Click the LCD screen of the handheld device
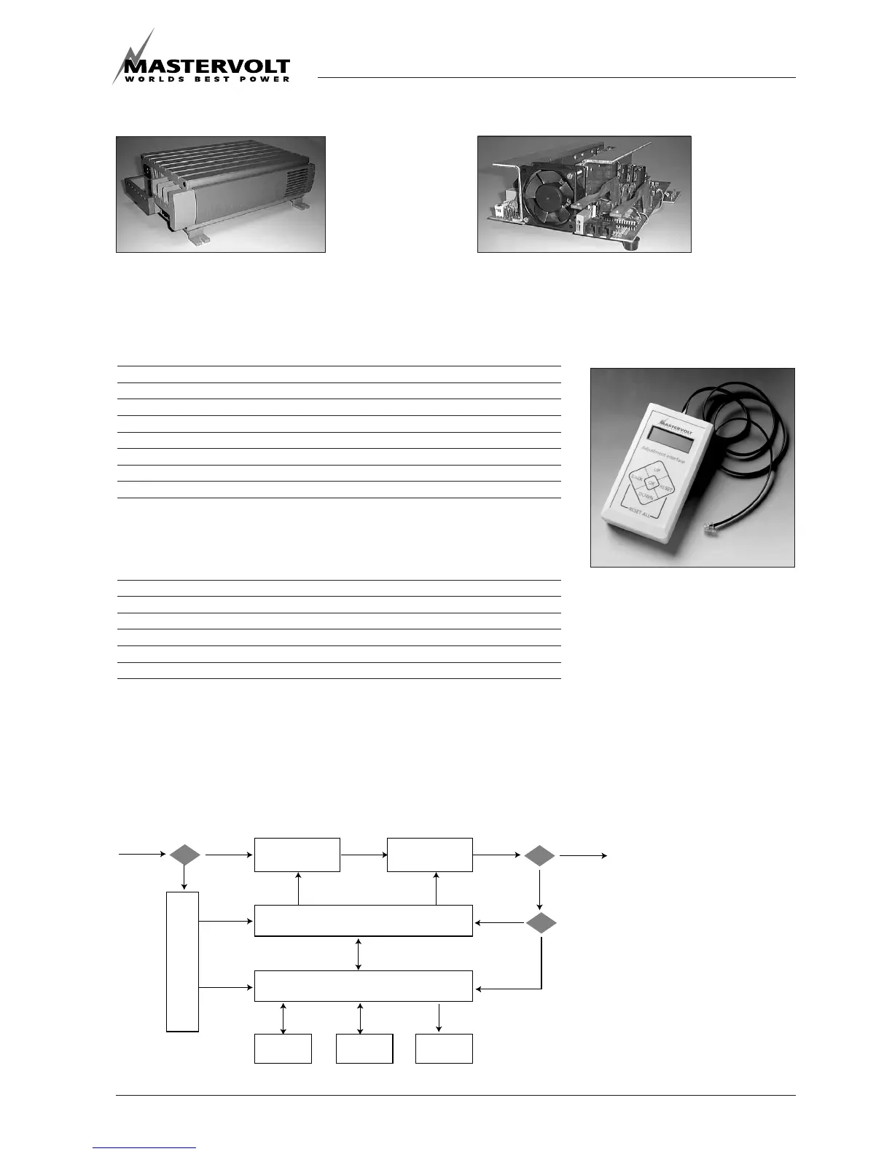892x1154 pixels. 670,439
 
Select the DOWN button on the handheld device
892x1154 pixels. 646,495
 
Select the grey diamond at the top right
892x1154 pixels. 539,855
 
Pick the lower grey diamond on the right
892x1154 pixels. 541,923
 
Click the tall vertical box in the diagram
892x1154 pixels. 182,961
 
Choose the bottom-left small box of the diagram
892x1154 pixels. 283,1048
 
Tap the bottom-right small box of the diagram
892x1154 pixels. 444,1048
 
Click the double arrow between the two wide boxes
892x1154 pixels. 359,954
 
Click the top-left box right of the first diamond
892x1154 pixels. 297,855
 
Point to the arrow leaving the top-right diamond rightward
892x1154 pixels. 583,855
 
